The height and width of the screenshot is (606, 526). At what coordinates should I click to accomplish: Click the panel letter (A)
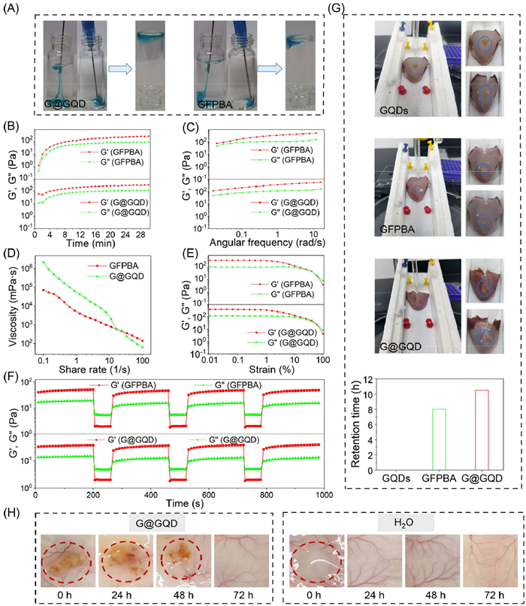[x=13, y=9]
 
